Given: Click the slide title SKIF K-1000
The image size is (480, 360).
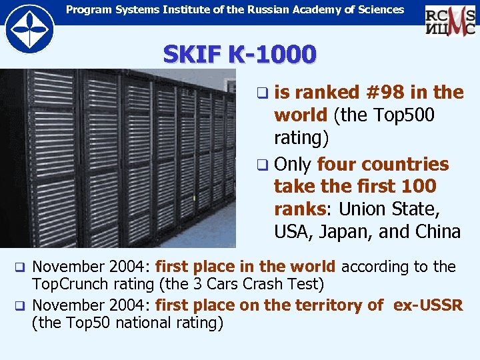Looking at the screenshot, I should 239,54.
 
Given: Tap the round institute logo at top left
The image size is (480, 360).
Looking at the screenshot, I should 29,29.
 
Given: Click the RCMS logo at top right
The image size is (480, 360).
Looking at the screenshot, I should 451,19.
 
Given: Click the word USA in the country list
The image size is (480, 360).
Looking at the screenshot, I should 293,231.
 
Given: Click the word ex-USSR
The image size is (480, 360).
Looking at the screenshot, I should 428,305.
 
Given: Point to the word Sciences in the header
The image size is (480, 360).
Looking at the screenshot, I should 379,9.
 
